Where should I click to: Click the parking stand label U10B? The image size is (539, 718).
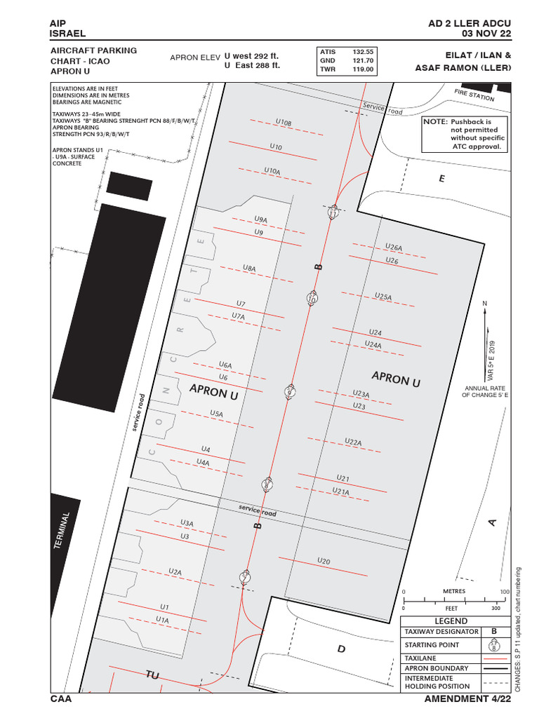tap(283, 123)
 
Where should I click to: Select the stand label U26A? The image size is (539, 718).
tap(394, 248)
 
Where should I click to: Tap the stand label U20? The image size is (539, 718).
tap(324, 561)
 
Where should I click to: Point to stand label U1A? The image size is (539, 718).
tap(162, 620)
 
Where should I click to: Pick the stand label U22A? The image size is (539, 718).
tap(353, 442)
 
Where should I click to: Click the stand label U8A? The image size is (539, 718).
tap(249, 269)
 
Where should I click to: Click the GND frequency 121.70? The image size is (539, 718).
tap(363, 61)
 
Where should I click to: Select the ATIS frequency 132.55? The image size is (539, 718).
tap(363, 52)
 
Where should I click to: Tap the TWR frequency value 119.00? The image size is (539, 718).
tap(363, 70)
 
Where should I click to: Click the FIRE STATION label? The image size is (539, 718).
tap(474, 95)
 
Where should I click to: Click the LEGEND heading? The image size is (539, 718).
tap(451, 621)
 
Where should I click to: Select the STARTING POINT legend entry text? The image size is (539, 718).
tap(432, 645)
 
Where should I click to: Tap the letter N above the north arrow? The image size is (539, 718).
tap(484, 303)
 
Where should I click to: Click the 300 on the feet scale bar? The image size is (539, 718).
tap(495, 609)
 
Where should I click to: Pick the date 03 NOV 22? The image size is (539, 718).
tap(486, 33)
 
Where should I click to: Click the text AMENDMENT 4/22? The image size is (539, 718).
tap(468, 699)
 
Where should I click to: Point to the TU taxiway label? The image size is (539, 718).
tap(152, 675)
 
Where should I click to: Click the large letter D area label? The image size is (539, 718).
tap(341, 649)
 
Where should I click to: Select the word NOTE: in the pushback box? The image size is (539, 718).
tap(435, 122)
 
